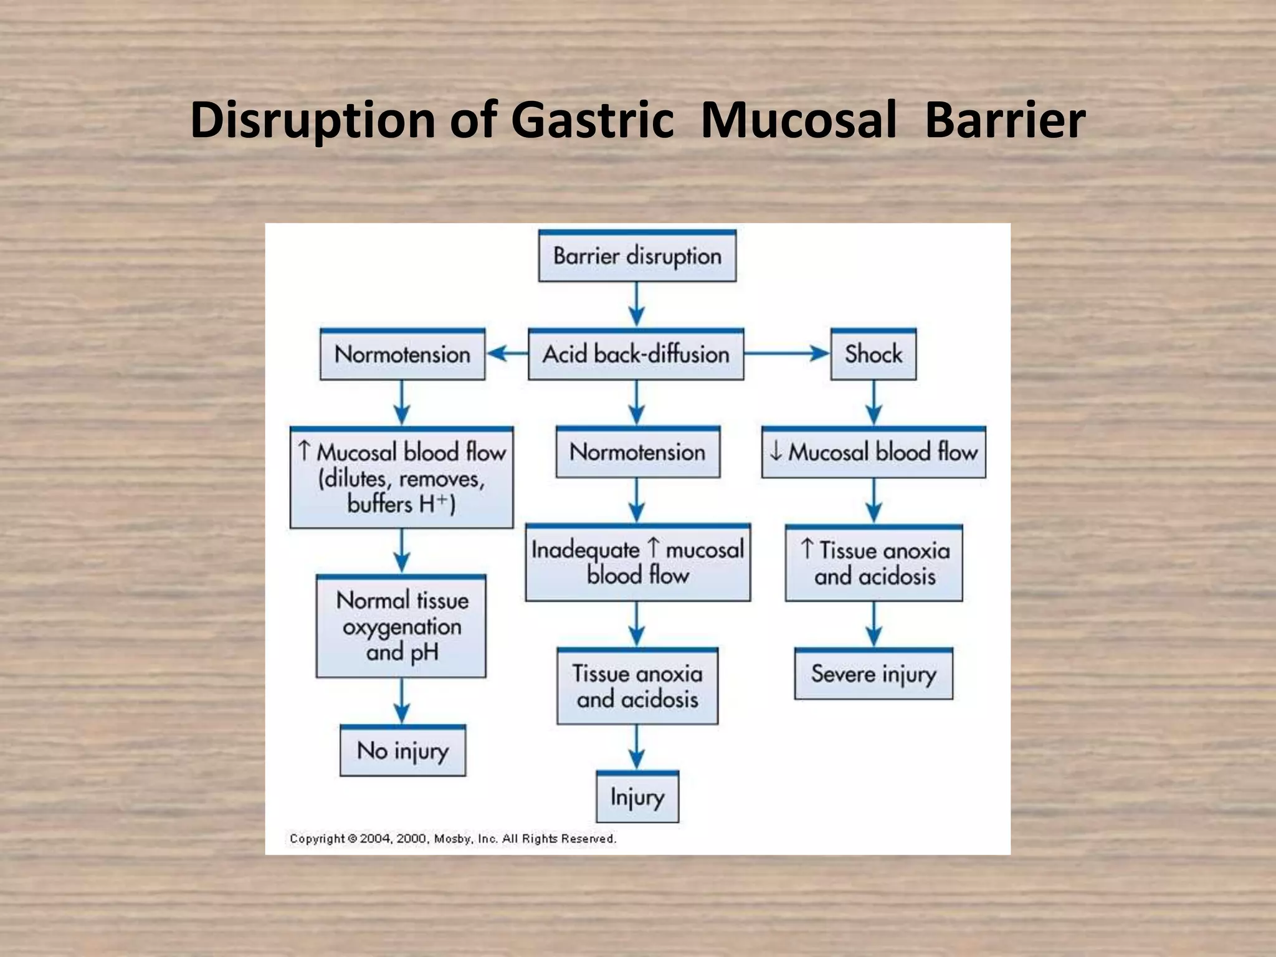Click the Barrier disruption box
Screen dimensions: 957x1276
click(x=637, y=256)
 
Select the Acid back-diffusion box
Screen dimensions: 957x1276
click(x=636, y=355)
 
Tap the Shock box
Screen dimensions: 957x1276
click(x=873, y=355)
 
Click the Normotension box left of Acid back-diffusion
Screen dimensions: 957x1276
click(x=402, y=355)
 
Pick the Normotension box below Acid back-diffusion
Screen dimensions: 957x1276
click(x=637, y=452)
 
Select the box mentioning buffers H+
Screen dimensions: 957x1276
click(x=402, y=478)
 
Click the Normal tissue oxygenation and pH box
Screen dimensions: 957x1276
click(x=401, y=626)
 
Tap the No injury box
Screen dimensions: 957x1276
click(x=402, y=751)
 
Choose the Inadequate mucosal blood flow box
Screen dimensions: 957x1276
click(x=637, y=563)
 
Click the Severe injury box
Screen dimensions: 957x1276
click(x=874, y=674)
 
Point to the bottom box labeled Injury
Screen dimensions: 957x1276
click(x=637, y=797)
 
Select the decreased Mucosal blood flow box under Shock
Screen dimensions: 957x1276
click(x=874, y=452)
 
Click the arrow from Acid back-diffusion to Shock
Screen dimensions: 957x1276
click(x=786, y=354)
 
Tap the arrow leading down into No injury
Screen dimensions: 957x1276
click(x=402, y=701)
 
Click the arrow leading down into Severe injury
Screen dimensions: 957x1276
click(x=874, y=624)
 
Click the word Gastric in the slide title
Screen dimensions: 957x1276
click(x=592, y=120)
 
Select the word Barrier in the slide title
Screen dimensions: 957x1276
click(x=1005, y=120)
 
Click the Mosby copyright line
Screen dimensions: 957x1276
click(x=453, y=839)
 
